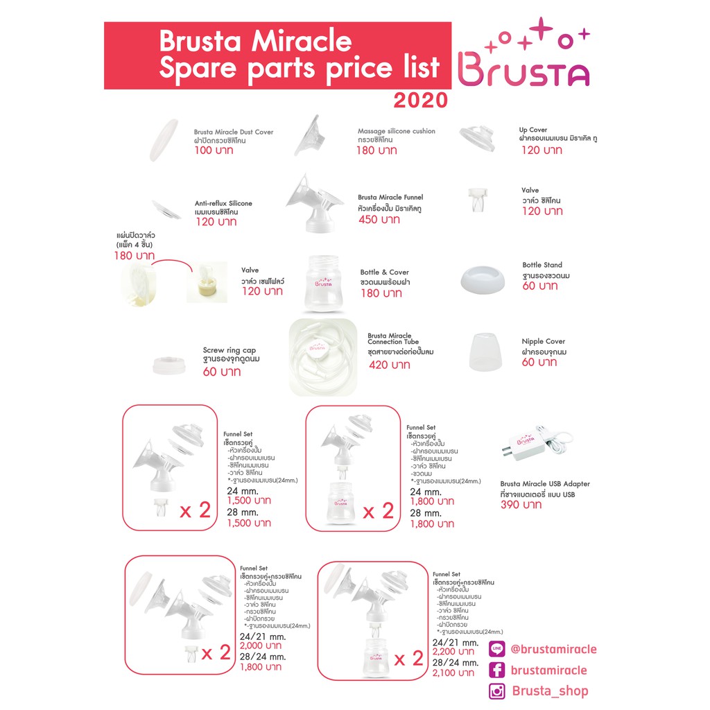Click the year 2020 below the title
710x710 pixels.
tap(421, 101)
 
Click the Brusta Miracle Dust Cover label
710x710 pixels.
tap(234, 132)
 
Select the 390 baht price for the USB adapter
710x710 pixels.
tap(522, 505)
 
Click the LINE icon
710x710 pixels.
tap(496, 650)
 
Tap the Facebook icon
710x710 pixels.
tap(496, 670)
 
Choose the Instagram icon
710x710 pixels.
tap(496, 691)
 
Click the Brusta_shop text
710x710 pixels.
tap(550, 691)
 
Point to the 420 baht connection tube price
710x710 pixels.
tap(389, 365)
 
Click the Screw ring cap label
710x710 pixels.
tap(229, 351)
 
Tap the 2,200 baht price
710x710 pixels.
tap(453, 652)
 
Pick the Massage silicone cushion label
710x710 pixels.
tap(397, 131)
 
